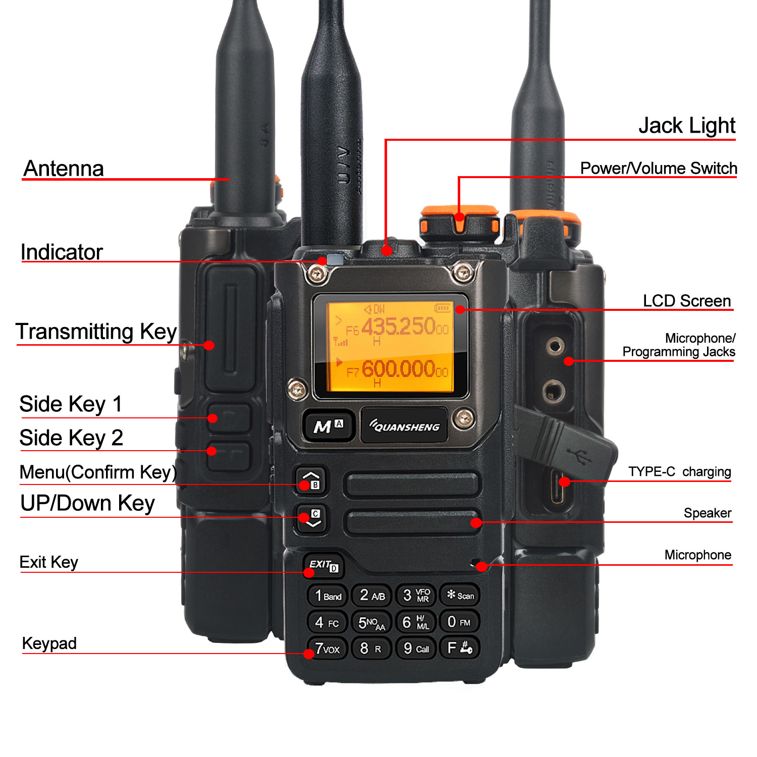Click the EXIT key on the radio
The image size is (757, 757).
[323, 565]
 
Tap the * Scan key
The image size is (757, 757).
[460, 596]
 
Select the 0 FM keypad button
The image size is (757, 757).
[459, 622]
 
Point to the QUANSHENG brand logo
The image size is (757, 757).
[404, 426]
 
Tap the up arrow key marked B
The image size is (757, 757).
[311, 480]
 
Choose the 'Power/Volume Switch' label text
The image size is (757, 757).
[658, 168]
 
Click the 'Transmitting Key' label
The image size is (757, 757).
[96, 332]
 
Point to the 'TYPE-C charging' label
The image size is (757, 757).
[679, 471]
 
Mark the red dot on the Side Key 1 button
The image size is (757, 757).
[213, 418]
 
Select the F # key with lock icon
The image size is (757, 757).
[459, 648]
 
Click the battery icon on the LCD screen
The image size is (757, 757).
[442, 307]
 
